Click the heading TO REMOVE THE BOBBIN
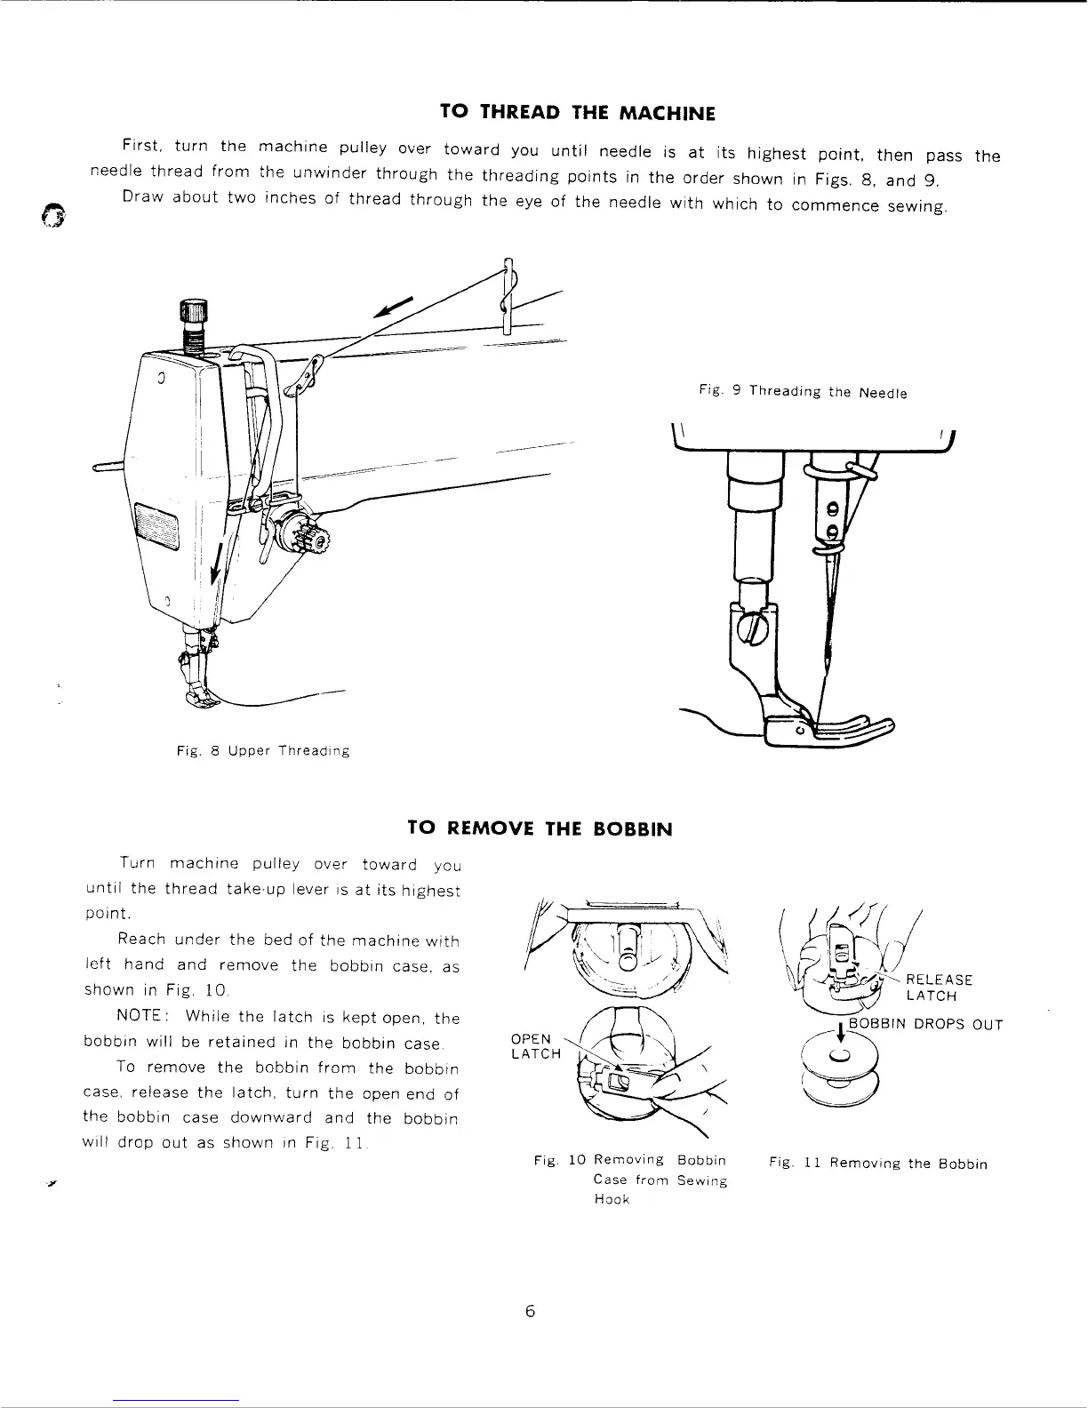coord(539,828)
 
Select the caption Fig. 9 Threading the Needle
coord(803,391)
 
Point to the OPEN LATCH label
coord(536,1046)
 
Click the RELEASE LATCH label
coord(939,988)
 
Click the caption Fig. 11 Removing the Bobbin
coord(878,1164)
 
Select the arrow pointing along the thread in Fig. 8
coord(395,305)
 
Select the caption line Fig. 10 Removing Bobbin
coord(629,1160)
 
